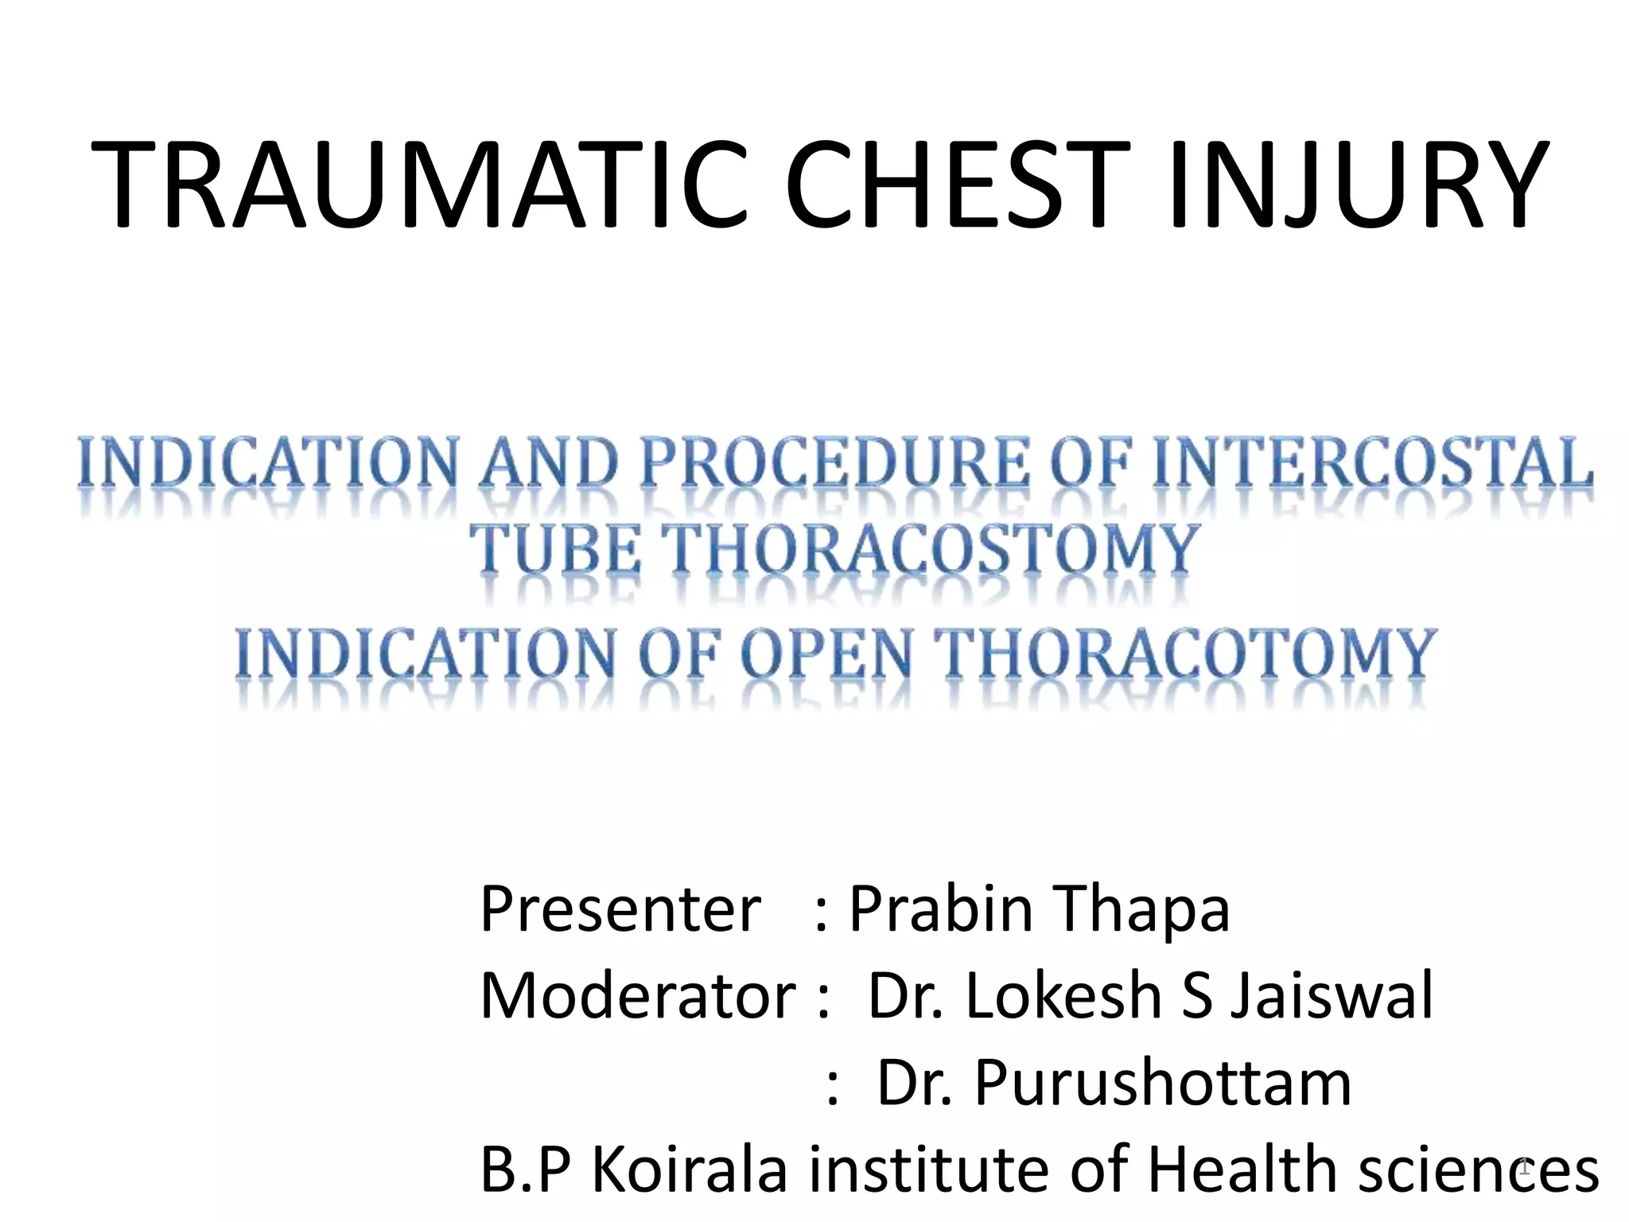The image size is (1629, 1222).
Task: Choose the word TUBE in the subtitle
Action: [556, 549]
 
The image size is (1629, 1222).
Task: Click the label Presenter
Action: [620, 909]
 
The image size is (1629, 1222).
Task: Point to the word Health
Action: [1246, 1169]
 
